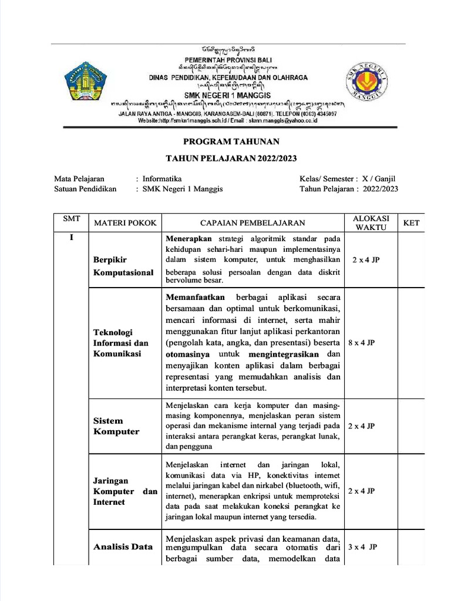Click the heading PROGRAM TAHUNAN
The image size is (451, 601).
pos(231,141)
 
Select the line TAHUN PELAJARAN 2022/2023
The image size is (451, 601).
pos(231,158)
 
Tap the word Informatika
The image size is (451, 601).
pos(162,178)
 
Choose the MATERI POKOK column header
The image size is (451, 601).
pos(122,223)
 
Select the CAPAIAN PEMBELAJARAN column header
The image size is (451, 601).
pos(253,223)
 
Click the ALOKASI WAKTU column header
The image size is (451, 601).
pos(371,222)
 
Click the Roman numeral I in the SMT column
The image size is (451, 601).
pos(71,238)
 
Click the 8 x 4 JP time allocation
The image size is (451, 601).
pos(361,343)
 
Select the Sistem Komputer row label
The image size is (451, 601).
pos(116,426)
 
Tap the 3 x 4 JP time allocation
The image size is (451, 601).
pos(362,546)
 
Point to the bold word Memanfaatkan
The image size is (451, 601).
pos(196,298)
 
